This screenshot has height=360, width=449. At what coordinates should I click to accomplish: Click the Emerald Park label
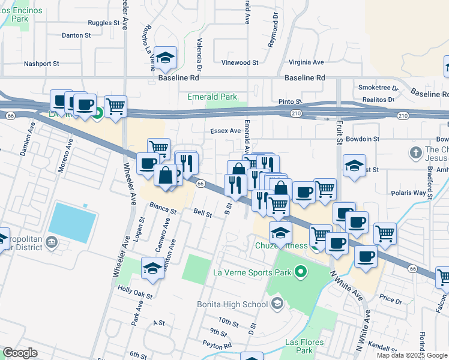pyautogui.click(x=212, y=97)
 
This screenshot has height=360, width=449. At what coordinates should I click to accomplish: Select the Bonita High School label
pyautogui.click(x=232, y=304)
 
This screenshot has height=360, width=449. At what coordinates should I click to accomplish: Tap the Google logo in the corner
pyautogui.click(x=20, y=353)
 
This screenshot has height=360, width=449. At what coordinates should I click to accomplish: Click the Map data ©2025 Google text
pyautogui.click(x=411, y=355)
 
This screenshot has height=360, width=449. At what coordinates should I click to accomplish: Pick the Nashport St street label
pyautogui.click(x=41, y=63)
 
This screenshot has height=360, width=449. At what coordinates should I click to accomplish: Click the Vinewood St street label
pyautogui.click(x=240, y=62)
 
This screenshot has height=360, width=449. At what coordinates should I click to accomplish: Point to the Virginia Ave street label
pyautogui.click(x=306, y=62)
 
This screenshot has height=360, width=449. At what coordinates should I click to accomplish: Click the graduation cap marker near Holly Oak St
pyautogui.click(x=152, y=268)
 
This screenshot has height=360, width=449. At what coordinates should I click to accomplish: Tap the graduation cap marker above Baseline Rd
pyautogui.click(x=166, y=57)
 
